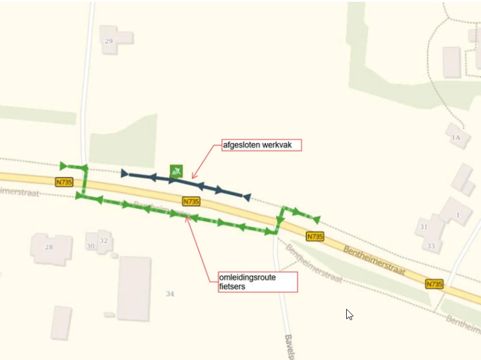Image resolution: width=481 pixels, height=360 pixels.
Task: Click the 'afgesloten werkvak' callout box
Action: click(x=261, y=145)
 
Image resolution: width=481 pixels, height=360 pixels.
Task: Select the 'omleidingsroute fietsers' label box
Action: click(x=257, y=282)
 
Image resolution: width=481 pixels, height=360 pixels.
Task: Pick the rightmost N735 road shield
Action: click(x=434, y=285)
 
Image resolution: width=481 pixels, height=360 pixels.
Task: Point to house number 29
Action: click(x=109, y=41)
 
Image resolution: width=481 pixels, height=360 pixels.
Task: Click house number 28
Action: click(x=49, y=247)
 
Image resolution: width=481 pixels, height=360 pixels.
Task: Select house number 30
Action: click(x=90, y=246)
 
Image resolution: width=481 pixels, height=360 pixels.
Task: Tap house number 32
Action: click(x=104, y=241)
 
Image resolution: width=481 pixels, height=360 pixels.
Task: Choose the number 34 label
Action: click(x=170, y=293)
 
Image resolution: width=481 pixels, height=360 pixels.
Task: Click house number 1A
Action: click(x=455, y=138)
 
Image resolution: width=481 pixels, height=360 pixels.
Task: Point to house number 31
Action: click(x=423, y=227)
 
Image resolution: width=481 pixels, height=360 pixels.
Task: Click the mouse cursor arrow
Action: click(x=349, y=314)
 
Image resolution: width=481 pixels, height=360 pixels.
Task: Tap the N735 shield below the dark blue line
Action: click(x=191, y=201)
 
